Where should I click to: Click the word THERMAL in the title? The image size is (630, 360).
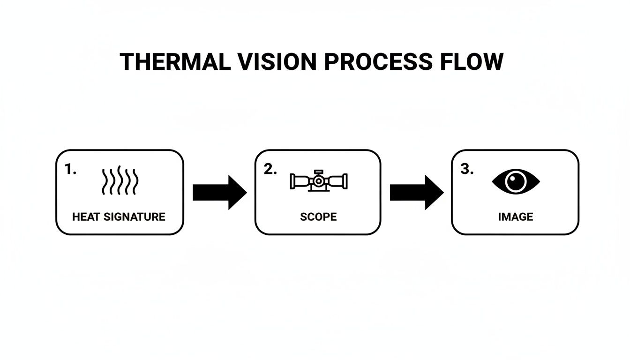point(175,62)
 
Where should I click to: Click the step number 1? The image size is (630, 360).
point(69,170)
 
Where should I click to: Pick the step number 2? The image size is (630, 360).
point(270,170)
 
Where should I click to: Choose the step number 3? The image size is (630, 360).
point(466,170)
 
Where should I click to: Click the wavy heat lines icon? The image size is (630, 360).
point(120,181)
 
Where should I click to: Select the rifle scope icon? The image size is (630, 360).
point(319,180)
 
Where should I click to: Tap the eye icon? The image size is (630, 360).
point(516,181)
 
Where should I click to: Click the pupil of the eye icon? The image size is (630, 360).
point(516,181)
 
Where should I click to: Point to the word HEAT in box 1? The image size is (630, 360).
point(86,217)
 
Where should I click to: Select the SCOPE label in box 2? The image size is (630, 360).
point(318,217)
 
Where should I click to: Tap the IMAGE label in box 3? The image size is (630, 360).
point(516,217)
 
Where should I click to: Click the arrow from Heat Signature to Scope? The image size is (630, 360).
point(219,192)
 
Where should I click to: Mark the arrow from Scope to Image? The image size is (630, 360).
point(416,192)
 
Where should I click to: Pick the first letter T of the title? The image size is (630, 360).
point(127,62)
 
